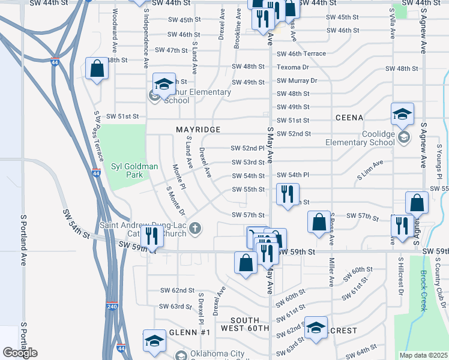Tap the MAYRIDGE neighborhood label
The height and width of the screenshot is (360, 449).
198,130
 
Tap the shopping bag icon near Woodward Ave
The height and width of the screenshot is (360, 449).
97,69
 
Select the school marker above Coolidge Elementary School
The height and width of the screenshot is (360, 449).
402,113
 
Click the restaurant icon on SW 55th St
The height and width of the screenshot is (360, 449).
288,194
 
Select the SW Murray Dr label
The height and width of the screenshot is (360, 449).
296,80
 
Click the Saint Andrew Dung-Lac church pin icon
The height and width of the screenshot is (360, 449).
194,228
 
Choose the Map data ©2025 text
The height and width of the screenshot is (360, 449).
424,355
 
